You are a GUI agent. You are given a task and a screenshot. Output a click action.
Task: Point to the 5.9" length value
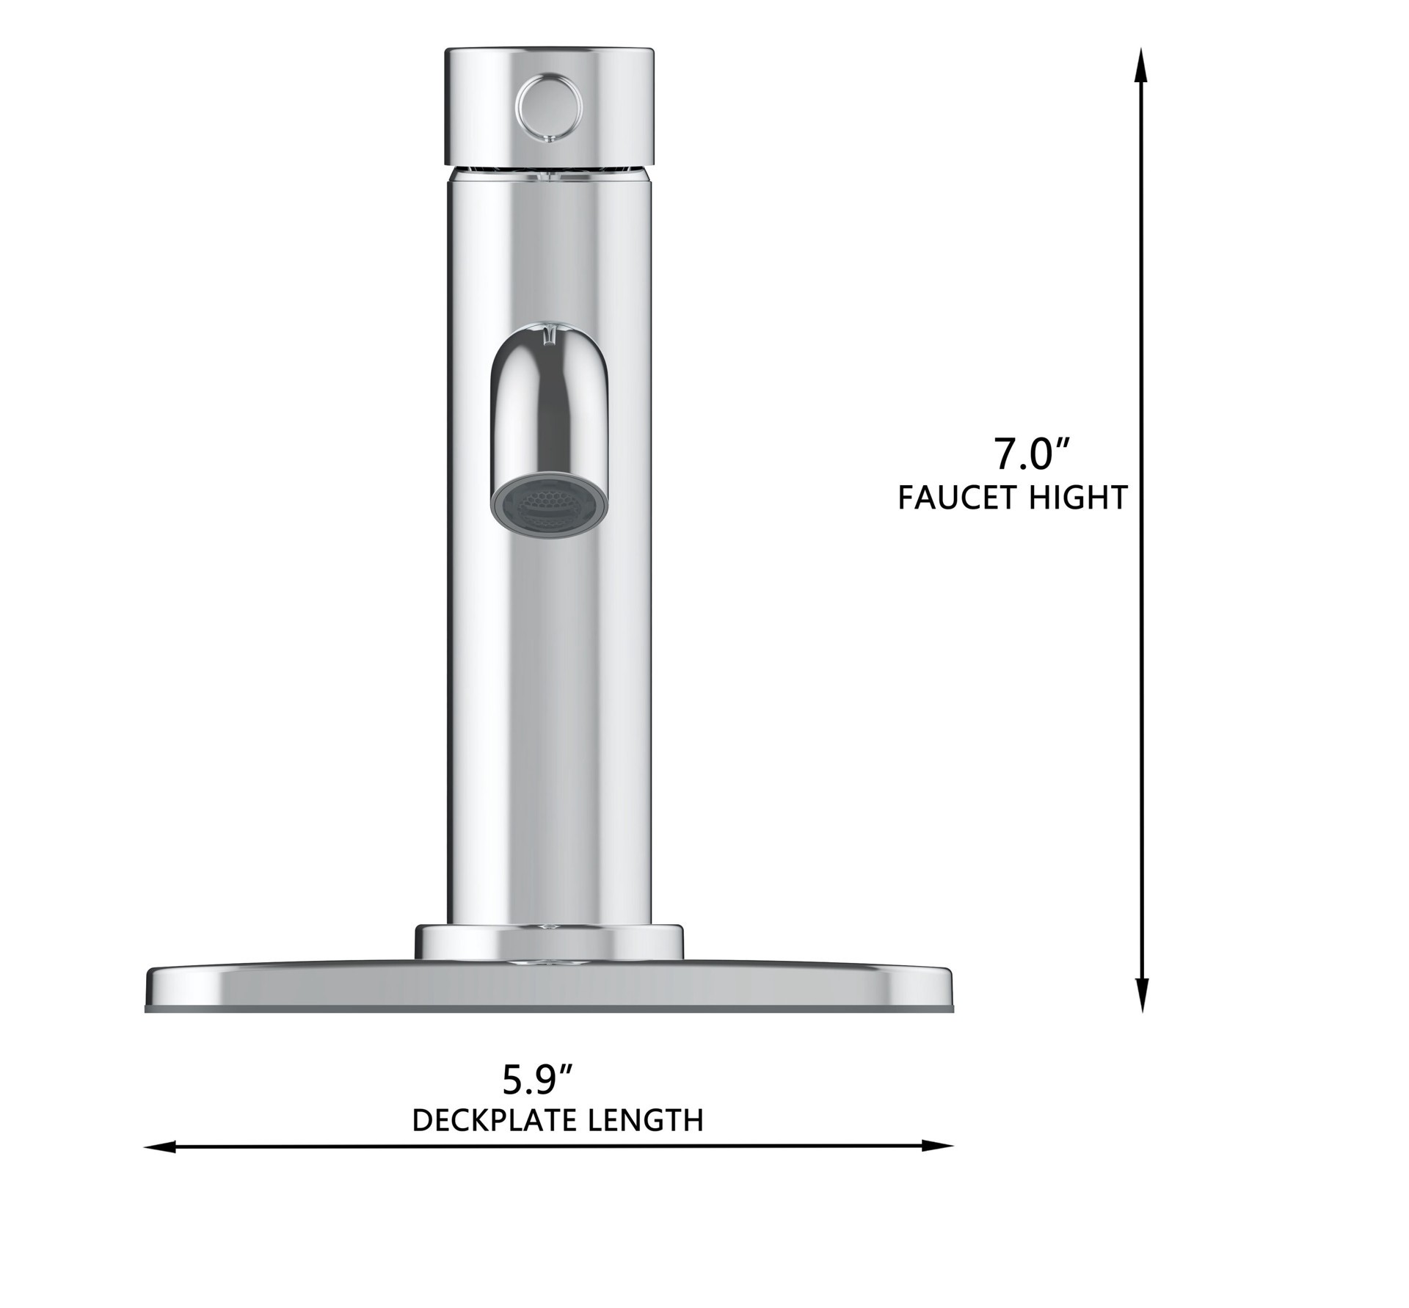pyautogui.click(x=536, y=1079)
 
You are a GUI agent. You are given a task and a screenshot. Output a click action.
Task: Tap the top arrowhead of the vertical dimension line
pyautogui.click(x=1141, y=66)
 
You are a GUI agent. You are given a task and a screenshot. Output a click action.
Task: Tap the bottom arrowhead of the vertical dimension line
pyautogui.click(x=1141, y=995)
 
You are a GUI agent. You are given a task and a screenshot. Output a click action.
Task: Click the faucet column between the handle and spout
pyautogui.click(x=549, y=250)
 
